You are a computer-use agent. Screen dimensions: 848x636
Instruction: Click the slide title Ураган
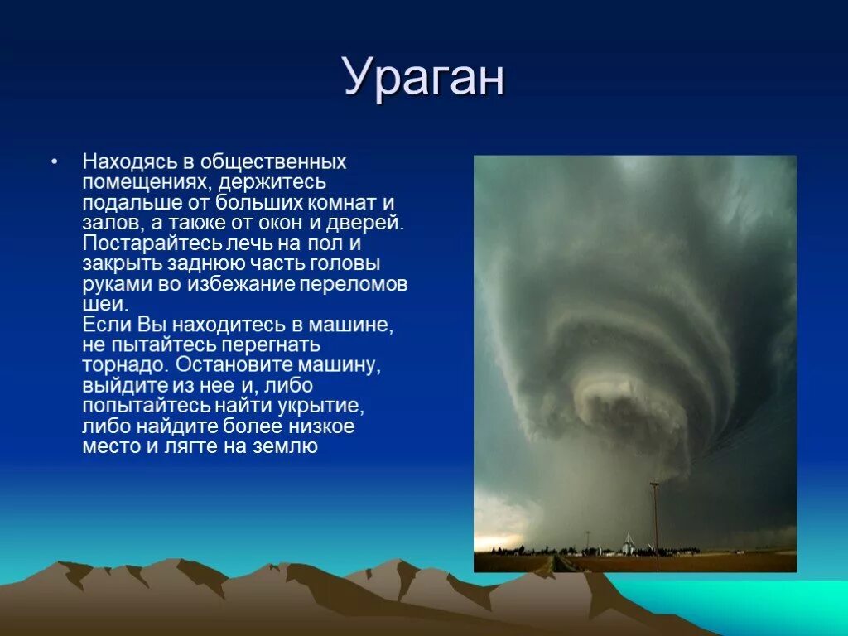[424, 77]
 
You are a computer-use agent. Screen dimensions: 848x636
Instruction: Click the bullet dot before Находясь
[54, 161]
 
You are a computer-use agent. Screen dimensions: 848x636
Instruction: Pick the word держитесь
[272, 182]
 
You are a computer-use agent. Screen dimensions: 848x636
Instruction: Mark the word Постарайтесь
[152, 243]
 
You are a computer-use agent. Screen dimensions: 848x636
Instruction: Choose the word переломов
[354, 284]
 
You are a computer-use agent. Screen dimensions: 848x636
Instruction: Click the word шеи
[105, 304]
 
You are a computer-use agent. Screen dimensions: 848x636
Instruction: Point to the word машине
[351, 325]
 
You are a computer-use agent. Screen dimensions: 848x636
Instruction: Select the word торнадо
[126, 365]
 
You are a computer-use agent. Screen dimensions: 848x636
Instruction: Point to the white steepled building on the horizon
[628, 543]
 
